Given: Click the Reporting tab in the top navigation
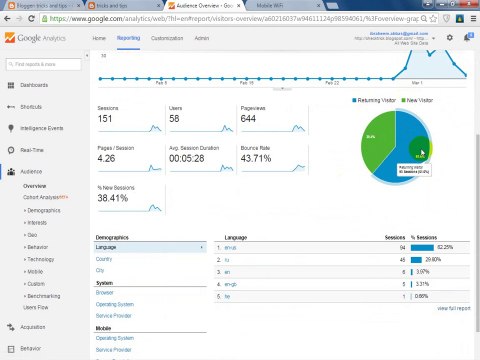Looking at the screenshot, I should coord(128,38).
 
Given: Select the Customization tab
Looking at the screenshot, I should coord(167,38).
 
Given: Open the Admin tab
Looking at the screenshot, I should coord(202,38).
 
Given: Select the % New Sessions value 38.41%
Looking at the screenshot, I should coord(113,197).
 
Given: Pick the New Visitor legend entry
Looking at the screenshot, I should coord(421,100).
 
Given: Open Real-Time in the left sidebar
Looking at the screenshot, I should coord(31,150).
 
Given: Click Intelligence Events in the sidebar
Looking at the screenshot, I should coord(42,128).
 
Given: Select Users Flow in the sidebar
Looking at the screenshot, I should coord(36,307).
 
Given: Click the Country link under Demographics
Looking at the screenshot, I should coord(103,258).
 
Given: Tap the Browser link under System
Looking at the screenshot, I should coord(104,292).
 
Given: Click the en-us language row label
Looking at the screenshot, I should coord(230,247).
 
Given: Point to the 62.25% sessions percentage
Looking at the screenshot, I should coord(445,247).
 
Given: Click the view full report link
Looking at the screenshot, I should coord(453,308).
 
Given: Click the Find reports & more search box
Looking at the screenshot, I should coord(45,64).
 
